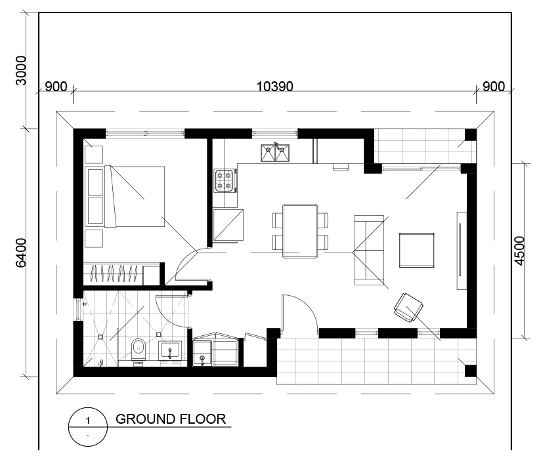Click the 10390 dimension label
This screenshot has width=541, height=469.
tap(274, 86)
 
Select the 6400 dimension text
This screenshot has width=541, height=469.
tap(21, 253)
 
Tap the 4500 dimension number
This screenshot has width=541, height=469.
tap(519, 251)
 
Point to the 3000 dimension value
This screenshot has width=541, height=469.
tap(21, 70)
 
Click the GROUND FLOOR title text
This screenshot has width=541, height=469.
tap(171, 419)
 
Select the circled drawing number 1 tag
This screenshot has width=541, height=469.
tap(88, 427)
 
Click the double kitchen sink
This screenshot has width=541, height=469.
tap(275, 153)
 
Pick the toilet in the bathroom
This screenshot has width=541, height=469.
tap(139, 350)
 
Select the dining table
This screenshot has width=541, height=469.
tap(300, 231)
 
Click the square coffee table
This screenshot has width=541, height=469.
tap(416, 250)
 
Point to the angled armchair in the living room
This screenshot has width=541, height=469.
tap(409, 308)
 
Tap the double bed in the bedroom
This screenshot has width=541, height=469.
tap(135, 196)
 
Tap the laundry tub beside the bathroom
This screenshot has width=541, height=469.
tap(202, 353)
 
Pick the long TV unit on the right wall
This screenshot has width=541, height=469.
tap(462, 251)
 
